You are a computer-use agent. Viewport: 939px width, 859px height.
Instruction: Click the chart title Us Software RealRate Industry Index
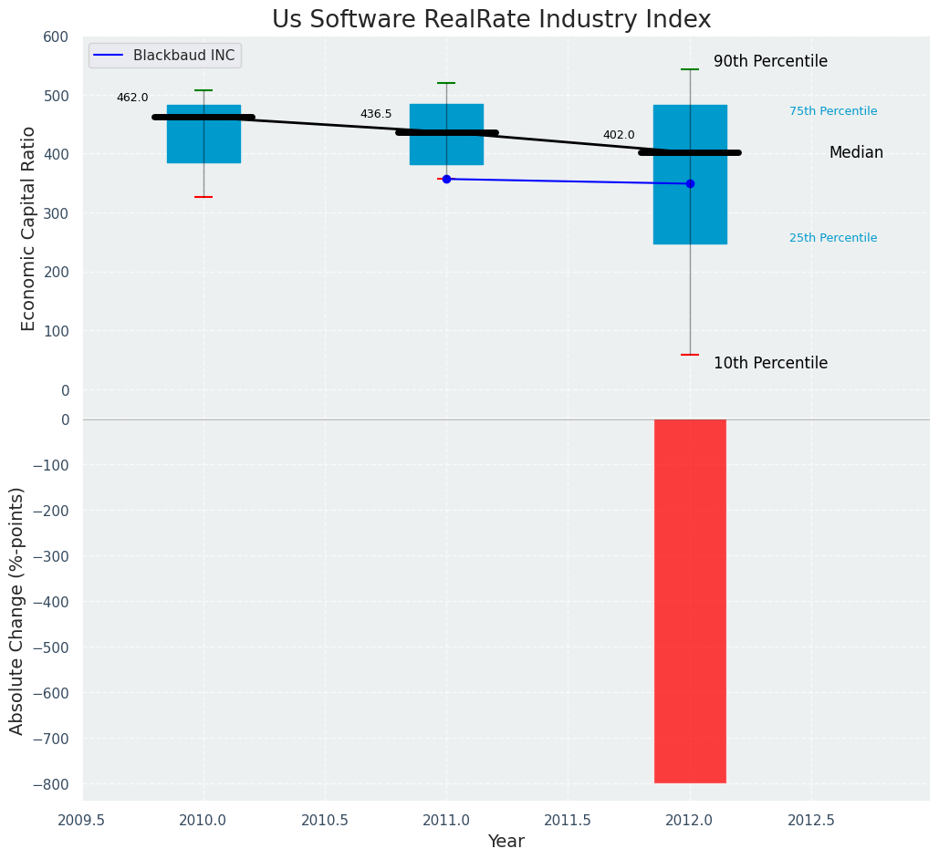point(491,20)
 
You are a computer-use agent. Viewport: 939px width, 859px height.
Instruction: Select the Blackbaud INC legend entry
point(165,56)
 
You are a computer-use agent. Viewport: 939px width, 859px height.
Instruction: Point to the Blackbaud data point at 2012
point(690,183)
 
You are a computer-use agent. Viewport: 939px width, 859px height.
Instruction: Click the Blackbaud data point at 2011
point(446,179)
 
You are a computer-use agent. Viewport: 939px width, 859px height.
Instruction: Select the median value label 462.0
point(132,98)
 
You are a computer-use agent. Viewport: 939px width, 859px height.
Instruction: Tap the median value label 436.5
point(376,114)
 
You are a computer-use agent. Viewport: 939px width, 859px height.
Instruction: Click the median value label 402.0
point(619,135)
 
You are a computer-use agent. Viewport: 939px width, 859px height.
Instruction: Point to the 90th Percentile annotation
point(770,61)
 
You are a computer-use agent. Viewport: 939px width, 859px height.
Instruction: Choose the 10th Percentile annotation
point(770,363)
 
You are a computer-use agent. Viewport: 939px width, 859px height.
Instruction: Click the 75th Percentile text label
point(833,111)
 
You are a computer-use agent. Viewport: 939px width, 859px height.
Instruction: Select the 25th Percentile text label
point(833,238)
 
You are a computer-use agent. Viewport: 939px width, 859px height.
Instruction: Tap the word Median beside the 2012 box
point(856,152)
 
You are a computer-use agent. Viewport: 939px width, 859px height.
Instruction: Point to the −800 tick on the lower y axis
point(51,784)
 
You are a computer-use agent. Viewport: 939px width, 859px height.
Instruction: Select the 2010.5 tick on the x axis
point(325,820)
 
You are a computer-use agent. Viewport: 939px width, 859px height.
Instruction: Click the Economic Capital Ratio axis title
point(28,228)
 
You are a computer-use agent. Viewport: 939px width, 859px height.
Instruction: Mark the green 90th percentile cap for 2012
point(690,69)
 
